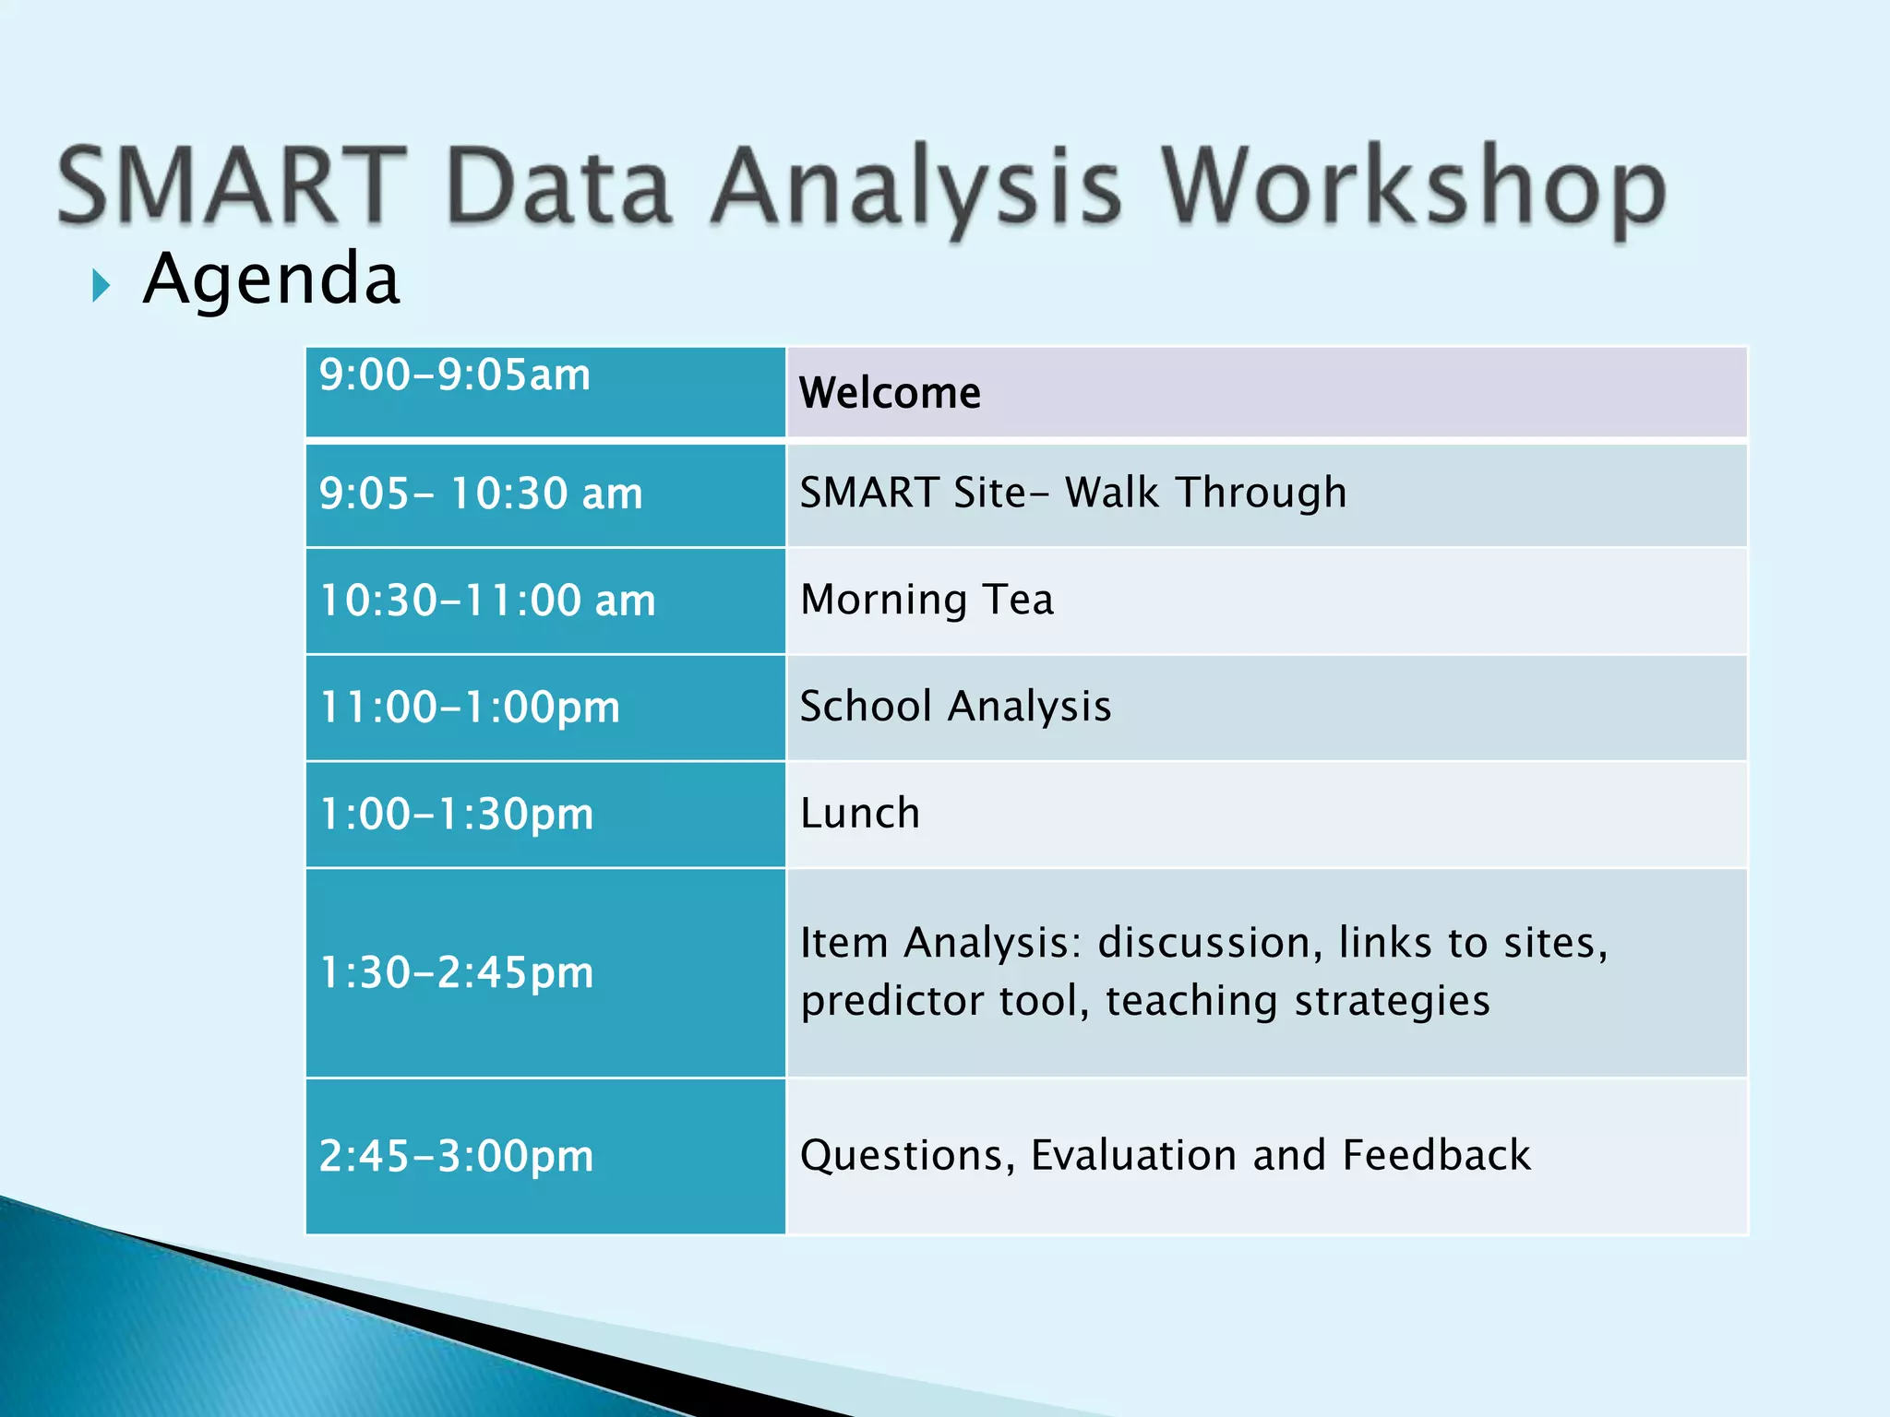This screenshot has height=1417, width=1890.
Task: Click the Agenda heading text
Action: [x=271, y=279]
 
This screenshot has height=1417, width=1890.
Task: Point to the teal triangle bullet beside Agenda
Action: [x=101, y=287]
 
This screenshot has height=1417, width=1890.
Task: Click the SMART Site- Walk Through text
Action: [x=1072, y=493]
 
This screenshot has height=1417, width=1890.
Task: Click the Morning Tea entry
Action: [x=927, y=600]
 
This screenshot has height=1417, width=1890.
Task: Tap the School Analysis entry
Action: [x=955, y=707]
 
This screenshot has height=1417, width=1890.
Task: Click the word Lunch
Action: [x=860, y=814]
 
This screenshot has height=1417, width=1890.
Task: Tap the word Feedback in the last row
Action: [x=1436, y=1155]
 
